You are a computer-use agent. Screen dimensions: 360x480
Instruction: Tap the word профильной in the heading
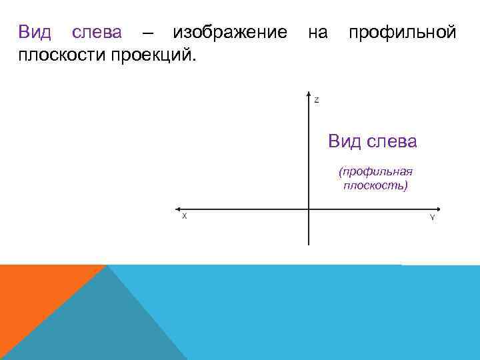coord(402,33)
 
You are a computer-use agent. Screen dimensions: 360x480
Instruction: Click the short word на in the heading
coord(317,33)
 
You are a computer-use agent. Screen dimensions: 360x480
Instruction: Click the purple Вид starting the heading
coord(33,33)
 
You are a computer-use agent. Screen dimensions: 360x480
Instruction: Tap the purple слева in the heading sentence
coord(97,33)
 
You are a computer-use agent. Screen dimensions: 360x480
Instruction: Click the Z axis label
coord(317,100)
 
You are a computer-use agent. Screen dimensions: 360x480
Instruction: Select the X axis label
coord(184,217)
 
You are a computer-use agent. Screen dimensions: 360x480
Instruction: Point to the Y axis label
coord(433,217)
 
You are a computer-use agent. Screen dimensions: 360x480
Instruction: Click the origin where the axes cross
coord(309,209)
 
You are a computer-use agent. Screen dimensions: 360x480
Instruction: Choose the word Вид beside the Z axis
coord(343,141)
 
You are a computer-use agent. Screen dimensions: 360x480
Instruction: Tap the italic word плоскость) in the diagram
coord(375,185)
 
